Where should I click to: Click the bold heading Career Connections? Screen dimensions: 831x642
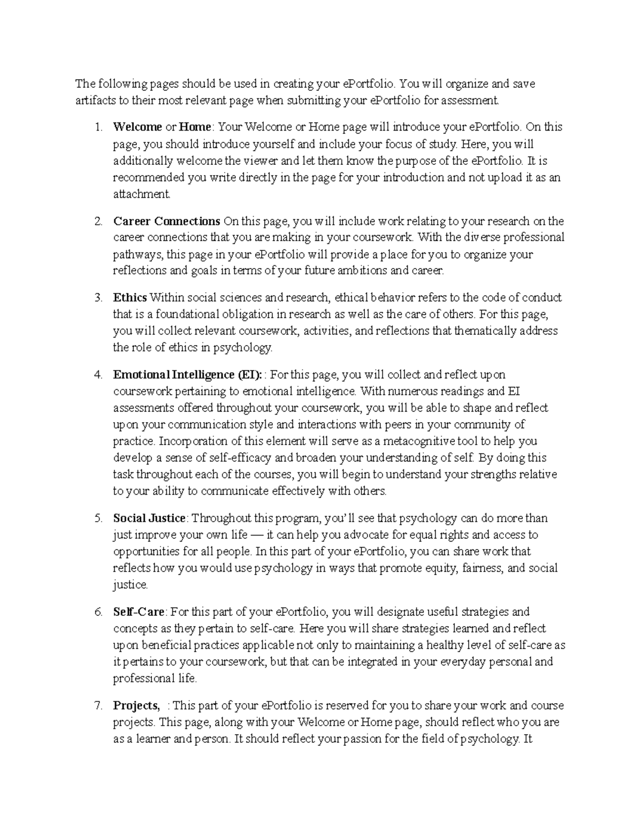tap(166, 221)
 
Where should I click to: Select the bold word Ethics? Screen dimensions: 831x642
tap(130, 298)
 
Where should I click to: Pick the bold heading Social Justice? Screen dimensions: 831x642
tap(149, 518)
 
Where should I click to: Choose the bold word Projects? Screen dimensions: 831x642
tap(136, 705)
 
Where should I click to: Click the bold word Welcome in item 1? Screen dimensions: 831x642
tap(137, 127)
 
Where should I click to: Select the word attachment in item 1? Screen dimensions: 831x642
tap(141, 194)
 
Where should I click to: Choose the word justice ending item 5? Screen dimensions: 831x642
tap(129, 585)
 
